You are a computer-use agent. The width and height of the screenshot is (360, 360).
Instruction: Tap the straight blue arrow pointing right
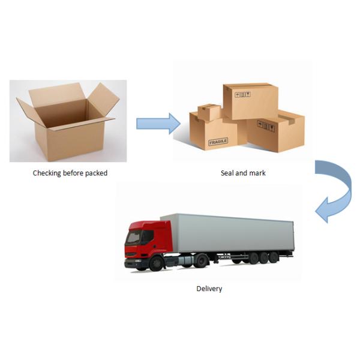pos(158,124)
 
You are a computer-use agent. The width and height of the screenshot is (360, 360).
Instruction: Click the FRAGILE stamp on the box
pos(218,142)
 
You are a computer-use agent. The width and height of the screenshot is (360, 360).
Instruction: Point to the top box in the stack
pos(251,101)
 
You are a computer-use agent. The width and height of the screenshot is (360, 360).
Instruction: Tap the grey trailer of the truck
pos(227,233)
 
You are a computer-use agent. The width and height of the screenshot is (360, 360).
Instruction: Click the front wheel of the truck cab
pos(157,263)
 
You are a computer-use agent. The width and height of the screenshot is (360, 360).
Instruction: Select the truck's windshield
pos(134,237)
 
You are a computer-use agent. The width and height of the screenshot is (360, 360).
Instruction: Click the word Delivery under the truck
pos(209,289)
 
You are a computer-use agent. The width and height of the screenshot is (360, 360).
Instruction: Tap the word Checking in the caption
pos(47,173)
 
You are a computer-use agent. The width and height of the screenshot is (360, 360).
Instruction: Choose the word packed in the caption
pos(96,173)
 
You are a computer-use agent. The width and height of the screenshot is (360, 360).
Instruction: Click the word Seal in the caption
pos(227,173)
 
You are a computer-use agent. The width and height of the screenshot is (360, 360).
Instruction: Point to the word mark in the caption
pos(257,173)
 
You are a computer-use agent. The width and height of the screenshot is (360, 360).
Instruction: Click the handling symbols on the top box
pos(242,94)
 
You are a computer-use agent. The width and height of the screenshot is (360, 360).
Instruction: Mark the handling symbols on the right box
pos(266,126)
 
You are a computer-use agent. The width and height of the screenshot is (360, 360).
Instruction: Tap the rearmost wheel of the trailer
pos(274,257)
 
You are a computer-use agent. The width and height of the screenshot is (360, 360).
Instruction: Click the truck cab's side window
pos(147,236)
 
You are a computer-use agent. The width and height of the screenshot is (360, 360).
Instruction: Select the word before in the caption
pos(73,173)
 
